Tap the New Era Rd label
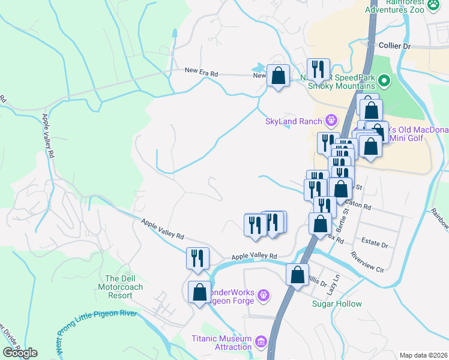click(x=201, y=73)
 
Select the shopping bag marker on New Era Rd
click(x=277, y=76)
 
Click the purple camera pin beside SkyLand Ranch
click(x=330, y=122)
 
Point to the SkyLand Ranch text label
click(x=294, y=122)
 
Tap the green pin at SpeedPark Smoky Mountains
click(x=384, y=81)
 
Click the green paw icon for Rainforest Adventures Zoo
click(x=433, y=3)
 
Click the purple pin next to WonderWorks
click(x=264, y=295)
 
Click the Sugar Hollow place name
click(x=337, y=304)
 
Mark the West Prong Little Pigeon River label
click(x=97, y=331)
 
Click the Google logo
click(x=20, y=353)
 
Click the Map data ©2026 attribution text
click(x=423, y=355)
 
